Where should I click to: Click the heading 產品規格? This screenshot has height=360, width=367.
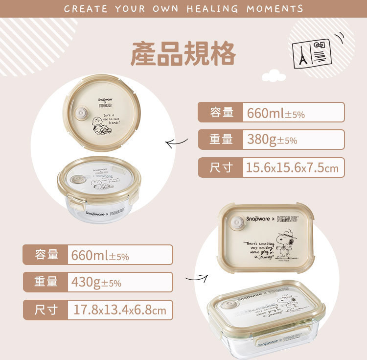183,54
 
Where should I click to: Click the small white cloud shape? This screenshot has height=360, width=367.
273,76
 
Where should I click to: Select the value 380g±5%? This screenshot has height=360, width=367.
272,140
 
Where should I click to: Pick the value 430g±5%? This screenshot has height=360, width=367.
96,283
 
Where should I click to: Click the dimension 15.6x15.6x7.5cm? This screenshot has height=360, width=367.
292,168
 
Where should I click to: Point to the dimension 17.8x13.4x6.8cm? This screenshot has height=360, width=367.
119,310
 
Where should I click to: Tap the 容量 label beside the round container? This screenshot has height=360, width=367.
221,112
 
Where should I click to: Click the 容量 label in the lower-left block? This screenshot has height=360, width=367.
46,255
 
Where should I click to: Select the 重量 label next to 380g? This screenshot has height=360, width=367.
221,140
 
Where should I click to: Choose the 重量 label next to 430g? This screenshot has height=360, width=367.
46,283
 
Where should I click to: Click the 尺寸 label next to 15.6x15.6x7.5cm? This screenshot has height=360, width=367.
221,168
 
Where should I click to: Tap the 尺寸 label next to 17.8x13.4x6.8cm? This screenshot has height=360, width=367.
46,310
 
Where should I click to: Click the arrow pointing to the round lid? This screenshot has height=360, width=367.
177,144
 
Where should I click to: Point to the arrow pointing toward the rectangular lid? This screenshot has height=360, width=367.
196,280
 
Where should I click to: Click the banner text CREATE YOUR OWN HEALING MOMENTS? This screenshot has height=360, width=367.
183,9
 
